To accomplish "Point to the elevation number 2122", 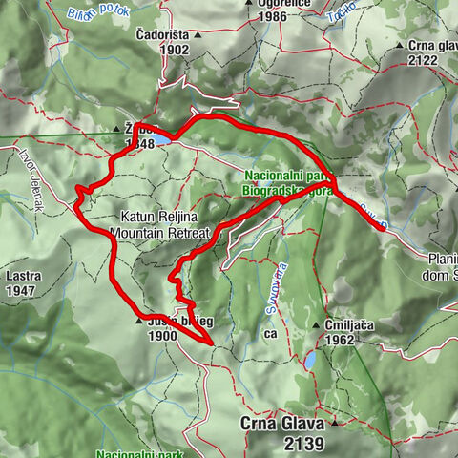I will click(421, 60).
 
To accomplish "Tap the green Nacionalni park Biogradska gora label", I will click(287, 183).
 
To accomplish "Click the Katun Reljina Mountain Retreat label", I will click(157, 224).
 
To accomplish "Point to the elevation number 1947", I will click(22, 290).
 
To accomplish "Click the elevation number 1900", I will click(164, 337).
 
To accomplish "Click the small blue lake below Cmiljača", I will click(312, 361).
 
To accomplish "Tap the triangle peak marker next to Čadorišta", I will click(198, 35).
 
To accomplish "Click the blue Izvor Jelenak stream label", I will click(33, 170).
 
